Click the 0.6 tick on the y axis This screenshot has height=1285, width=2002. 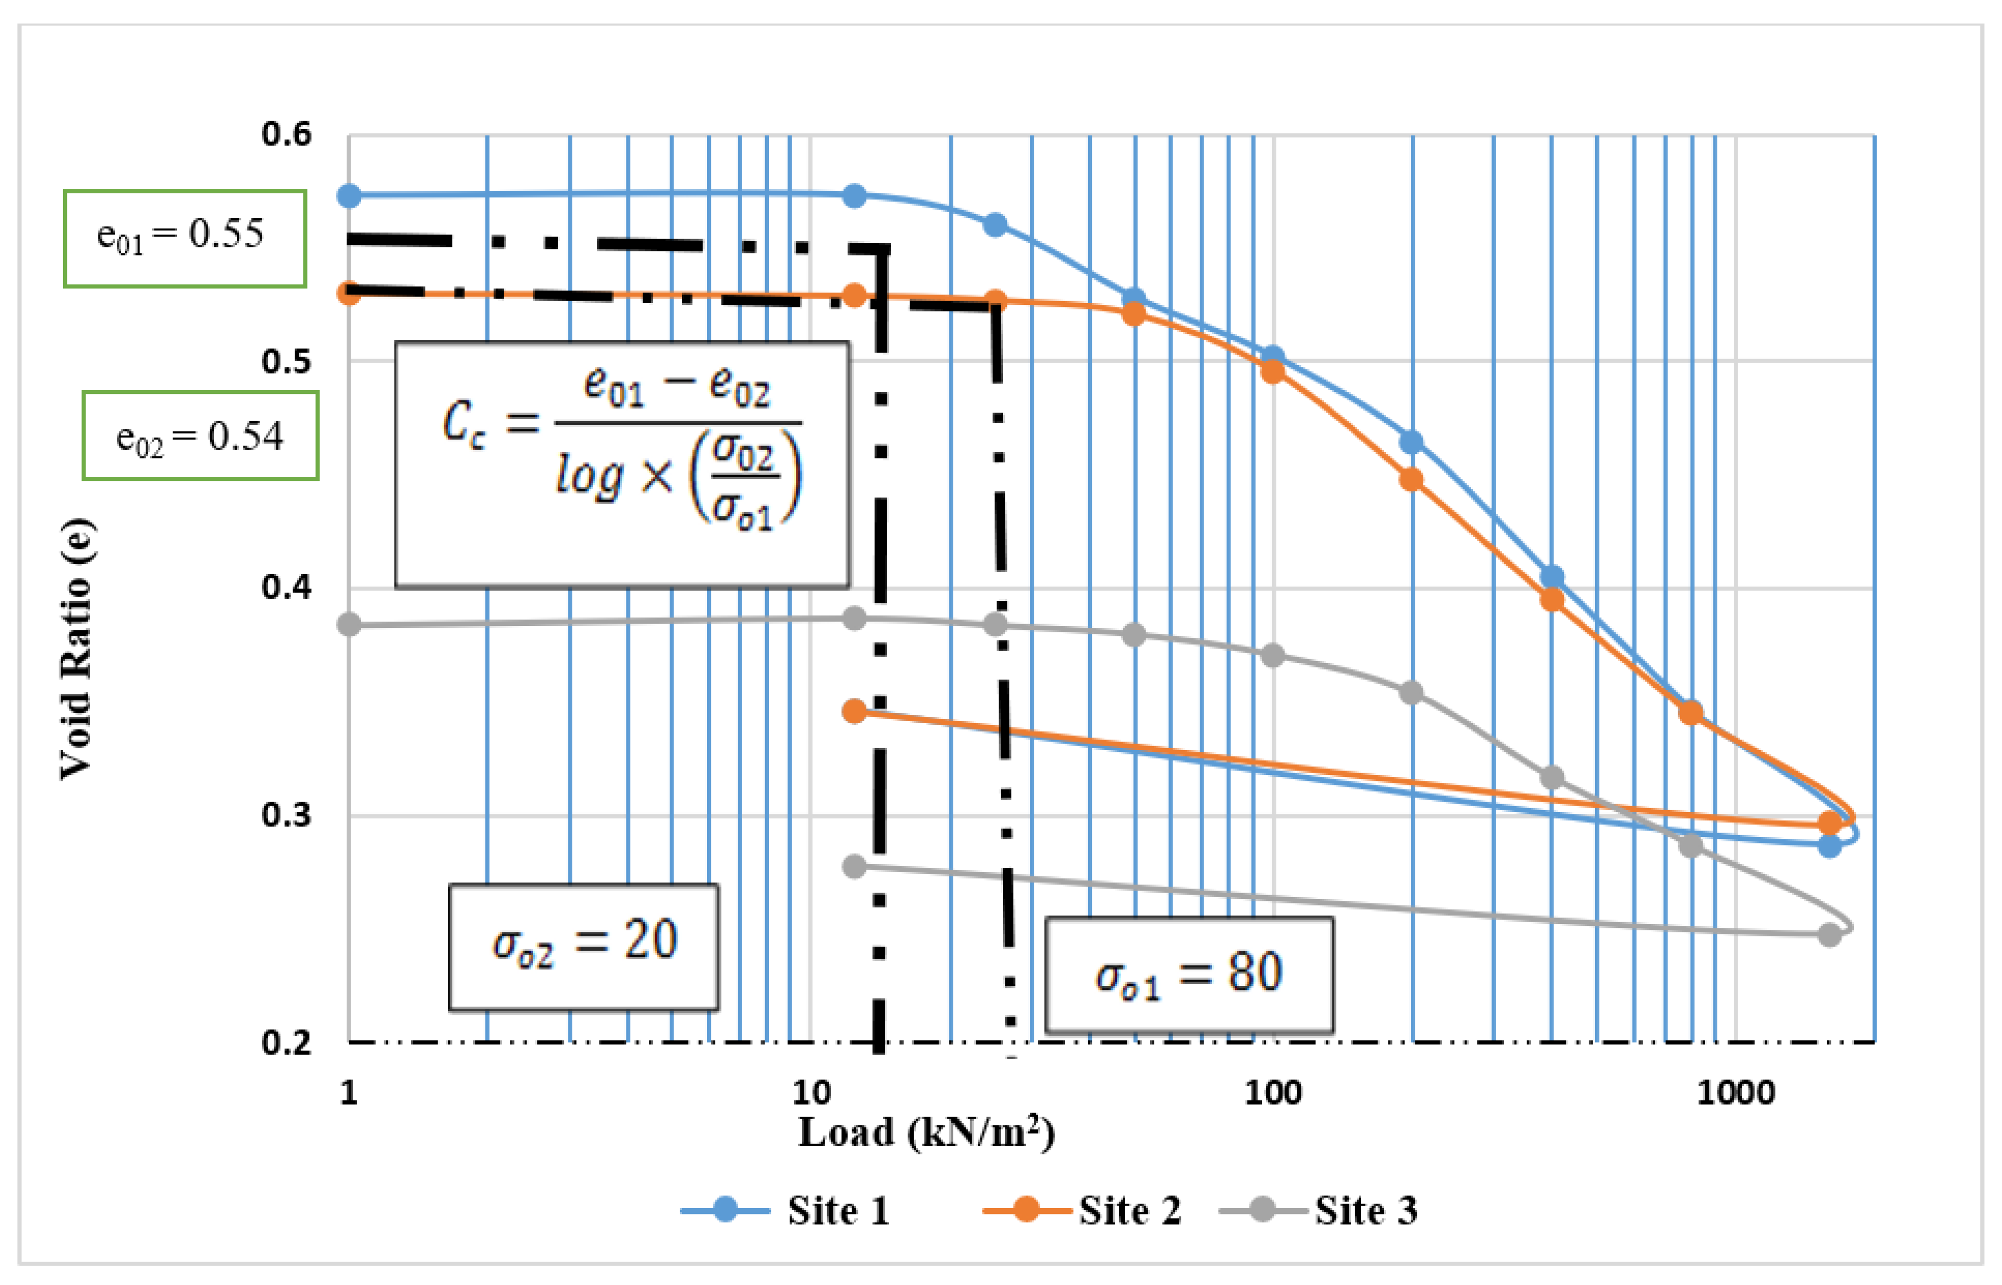(286, 134)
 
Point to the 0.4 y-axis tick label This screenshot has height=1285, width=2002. (286, 588)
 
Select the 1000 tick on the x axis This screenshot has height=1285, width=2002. (1735, 1092)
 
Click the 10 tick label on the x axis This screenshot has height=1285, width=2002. (811, 1092)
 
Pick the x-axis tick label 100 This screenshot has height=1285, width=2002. (1273, 1092)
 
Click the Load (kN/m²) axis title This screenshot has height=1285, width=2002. (926, 1133)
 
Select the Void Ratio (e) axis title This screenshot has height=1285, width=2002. (77, 649)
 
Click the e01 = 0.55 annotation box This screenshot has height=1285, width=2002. (184, 238)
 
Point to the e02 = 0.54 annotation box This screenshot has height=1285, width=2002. (200, 436)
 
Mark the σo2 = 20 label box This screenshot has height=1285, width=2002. (583, 946)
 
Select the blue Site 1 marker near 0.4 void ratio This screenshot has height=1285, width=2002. (1551, 577)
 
